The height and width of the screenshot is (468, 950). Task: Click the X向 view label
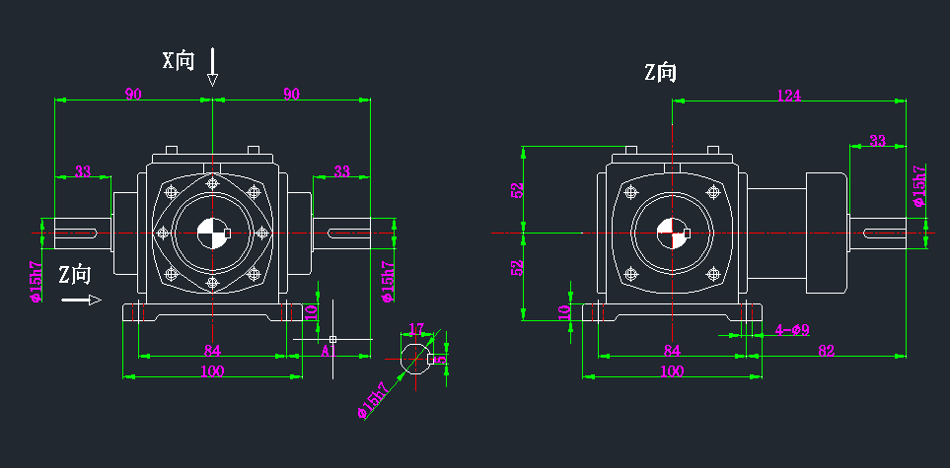pos(179,60)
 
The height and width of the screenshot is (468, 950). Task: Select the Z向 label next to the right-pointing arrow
pos(74,274)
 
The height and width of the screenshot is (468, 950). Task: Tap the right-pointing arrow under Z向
pos(81,300)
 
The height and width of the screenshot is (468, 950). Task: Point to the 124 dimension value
pos(788,95)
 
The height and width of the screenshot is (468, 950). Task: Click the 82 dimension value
pos(826,349)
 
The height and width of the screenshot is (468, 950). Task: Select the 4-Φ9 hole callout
pos(792,330)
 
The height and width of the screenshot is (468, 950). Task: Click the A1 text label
pos(329,350)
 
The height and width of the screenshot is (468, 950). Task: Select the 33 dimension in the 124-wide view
pos(877,141)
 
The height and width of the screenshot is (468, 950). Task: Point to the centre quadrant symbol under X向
pos(212,234)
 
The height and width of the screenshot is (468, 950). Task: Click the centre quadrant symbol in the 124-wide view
pos(673,234)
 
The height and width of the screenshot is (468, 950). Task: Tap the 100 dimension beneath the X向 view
pos(212,371)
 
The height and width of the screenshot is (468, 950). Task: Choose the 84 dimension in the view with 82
pos(672,350)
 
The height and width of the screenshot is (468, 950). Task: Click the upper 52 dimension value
pos(517,189)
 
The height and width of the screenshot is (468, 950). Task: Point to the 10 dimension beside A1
pos(311,312)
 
